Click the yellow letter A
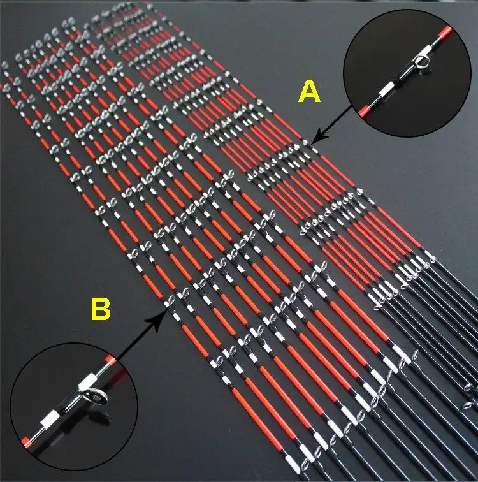coord(309,91)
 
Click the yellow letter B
coord(101,309)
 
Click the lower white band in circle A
coord(385,89)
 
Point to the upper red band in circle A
coord(445,31)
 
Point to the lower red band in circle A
coord(364,112)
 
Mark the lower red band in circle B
coord(26,442)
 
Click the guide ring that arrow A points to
coord(305,142)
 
